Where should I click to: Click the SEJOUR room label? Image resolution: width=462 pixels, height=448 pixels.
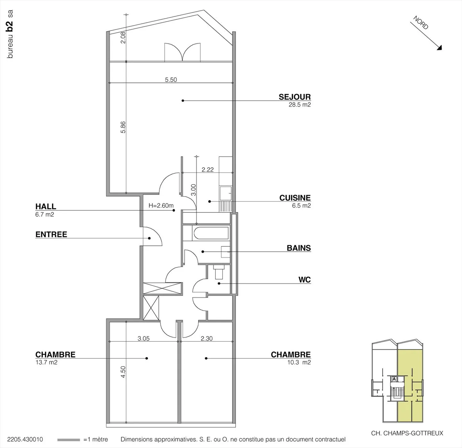click(x=295, y=97)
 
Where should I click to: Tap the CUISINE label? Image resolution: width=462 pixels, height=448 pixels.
click(x=295, y=198)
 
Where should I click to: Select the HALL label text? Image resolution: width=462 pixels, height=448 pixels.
click(x=46, y=206)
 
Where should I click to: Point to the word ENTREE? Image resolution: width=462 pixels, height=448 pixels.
click(x=51, y=234)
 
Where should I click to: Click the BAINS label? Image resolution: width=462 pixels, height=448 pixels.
click(x=299, y=248)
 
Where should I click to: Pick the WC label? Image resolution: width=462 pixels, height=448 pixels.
click(x=304, y=280)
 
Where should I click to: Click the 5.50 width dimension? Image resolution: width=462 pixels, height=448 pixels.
click(x=171, y=80)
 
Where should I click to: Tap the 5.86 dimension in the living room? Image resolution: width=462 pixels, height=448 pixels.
click(x=123, y=127)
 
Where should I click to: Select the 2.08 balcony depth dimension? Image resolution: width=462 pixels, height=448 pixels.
click(x=123, y=37)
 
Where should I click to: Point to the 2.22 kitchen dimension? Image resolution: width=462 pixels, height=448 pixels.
click(x=208, y=170)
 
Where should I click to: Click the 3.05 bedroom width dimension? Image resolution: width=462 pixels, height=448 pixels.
click(x=144, y=338)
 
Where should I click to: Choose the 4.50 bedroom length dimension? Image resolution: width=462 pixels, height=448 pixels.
click(x=123, y=372)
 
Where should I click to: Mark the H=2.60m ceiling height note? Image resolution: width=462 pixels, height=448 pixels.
click(x=161, y=205)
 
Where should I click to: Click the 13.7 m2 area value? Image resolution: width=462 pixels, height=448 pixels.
click(x=46, y=362)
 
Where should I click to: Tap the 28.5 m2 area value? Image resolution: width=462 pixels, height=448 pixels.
click(x=300, y=104)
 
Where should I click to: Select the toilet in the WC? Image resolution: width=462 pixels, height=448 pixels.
click(x=219, y=272)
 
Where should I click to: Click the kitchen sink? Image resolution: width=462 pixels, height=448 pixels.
click(x=226, y=194)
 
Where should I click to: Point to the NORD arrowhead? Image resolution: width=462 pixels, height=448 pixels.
click(x=440, y=48)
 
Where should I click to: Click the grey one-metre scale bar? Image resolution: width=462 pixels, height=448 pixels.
click(x=69, y=440)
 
